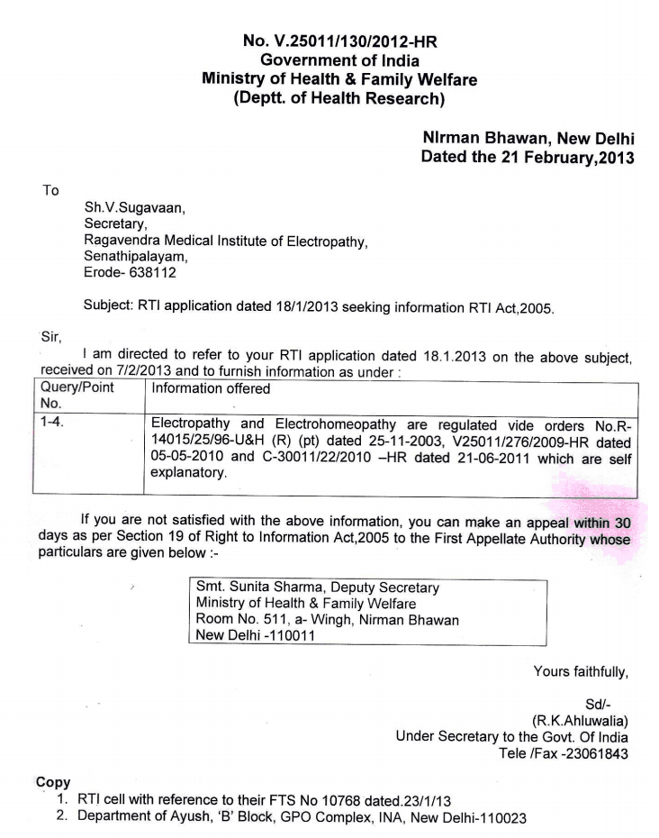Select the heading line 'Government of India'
pos(339,59)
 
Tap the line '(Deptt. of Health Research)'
pos(339,98)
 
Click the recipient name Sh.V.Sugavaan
pos(134,209)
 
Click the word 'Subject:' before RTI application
pos(108,305)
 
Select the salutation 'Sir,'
pos(51,338)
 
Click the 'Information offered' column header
pos(211,389)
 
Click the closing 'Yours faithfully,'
pos(581,670)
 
